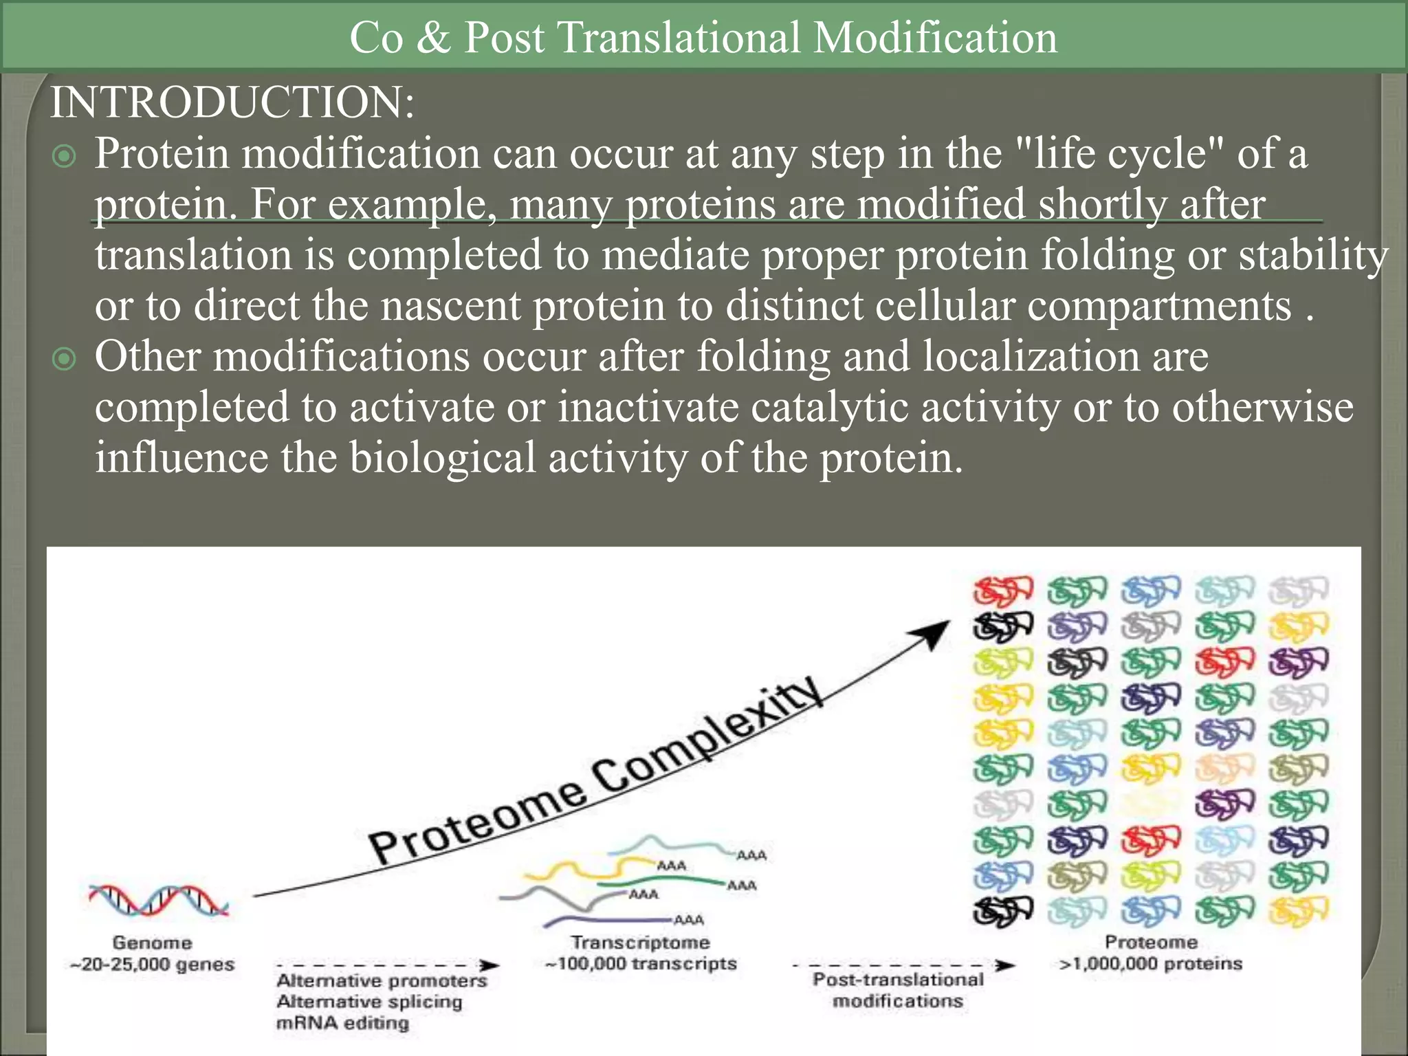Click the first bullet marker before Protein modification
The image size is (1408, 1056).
point(64,156)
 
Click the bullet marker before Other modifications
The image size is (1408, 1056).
point(64,359)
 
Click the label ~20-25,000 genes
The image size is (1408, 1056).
point(153,965)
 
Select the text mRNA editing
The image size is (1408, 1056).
point(342,1023)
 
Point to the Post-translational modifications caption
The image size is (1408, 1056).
point(897,990)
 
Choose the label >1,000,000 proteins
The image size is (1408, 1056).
point(1151,964)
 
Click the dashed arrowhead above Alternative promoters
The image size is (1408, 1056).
point(489,965)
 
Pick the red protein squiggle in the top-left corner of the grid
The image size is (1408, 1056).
point(1002,591)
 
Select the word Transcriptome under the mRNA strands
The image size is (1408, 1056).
point(641,943)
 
